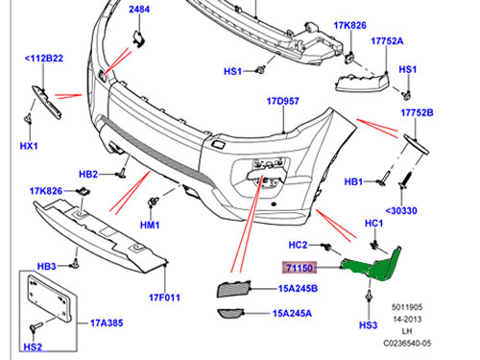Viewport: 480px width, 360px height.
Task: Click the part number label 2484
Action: point(140,11)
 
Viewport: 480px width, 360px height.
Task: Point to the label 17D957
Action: point(284,101)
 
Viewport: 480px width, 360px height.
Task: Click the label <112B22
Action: point(43,60)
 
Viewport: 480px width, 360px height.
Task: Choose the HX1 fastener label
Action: point(28,146)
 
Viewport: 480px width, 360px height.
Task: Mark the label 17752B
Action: point(417,112)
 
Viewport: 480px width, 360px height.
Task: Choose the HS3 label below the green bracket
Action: point(368,325)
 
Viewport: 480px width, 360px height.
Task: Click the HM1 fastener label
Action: point(148,224)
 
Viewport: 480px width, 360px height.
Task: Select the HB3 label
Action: point(47,265)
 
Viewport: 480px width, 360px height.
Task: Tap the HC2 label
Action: point(299,244)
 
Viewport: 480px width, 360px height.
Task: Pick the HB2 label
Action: point(88,174)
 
